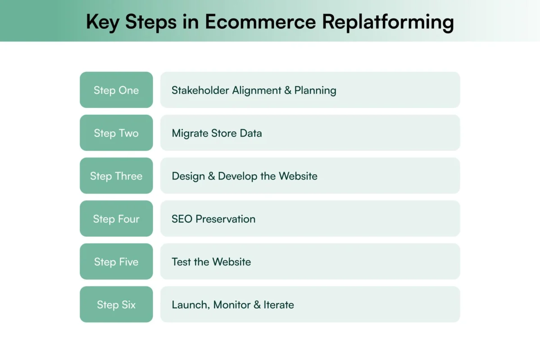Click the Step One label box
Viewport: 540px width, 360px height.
[116, 90]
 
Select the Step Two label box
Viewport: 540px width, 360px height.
[116, 133]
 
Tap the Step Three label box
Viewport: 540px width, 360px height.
[116, 176]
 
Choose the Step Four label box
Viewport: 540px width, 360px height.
[116, 219]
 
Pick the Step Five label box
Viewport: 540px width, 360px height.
[116, 261]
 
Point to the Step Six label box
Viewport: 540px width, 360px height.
[116, 305]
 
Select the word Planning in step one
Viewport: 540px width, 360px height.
[315, 90]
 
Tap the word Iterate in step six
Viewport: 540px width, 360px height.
[279, 305]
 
